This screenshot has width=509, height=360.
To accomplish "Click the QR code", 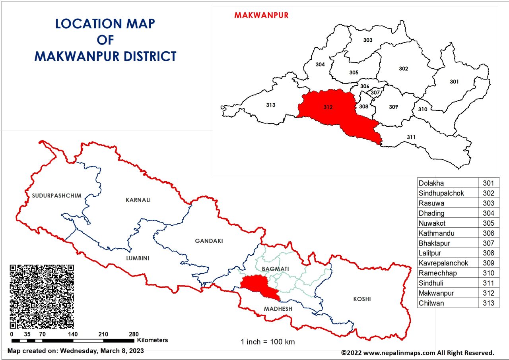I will (x=41, y=296).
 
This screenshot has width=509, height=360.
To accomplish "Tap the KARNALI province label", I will (x=138, y=200).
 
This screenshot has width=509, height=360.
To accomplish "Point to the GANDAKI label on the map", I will (x=209, y=241).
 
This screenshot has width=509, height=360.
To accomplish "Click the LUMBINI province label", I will (x=138, y=258).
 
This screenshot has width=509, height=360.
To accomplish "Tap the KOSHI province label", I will (x=362, y=299).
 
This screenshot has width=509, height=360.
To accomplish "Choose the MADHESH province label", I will (x=278, y=309).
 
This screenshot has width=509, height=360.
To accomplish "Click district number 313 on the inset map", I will (x=270, y=105).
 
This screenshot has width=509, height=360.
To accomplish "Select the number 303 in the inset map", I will (x=368, y=40).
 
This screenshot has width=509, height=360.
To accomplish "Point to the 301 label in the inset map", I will (x=454, y=82).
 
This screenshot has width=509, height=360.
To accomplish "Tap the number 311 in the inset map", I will (x=411, y=137).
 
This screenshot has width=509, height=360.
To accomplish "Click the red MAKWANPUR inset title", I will (x=261, y=15).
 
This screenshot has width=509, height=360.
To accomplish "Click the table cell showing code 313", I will (x=488, y=303).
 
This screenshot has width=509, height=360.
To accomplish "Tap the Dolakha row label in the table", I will (x=431, y=184).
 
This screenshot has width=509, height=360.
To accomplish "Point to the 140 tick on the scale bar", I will (x=73, y=334).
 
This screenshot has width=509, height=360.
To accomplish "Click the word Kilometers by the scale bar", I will (x=152, y=340).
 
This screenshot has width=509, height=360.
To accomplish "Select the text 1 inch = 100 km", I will (x=268, y=342).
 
